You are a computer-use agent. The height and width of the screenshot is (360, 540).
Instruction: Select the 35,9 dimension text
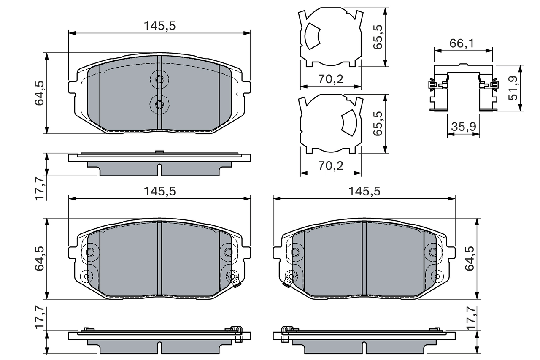pyautogui.click(x=463, y=126)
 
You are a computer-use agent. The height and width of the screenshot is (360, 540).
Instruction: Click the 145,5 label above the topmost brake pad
pyautogui.click(x=159, y=26)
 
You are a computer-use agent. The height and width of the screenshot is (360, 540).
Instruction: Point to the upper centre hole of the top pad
pyautogui.click(x=159, y=79)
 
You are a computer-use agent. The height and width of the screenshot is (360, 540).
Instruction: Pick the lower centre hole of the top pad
pyautogui.click(x=159, y=104)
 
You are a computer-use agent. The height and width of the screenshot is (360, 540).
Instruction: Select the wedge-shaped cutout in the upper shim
pyautogui.click(x=312, y=36)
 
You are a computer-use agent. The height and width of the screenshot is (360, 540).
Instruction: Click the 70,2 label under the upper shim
pyautogui.click(x=331, y=79)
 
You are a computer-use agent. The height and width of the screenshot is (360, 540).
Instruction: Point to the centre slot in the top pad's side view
pyautogui.click(x=159, y=170)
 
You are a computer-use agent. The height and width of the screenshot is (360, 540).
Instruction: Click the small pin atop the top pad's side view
pyautogui.click(x=159, y=152)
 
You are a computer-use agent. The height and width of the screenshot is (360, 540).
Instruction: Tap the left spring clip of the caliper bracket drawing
pyautogui.click(x=432, y=85)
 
